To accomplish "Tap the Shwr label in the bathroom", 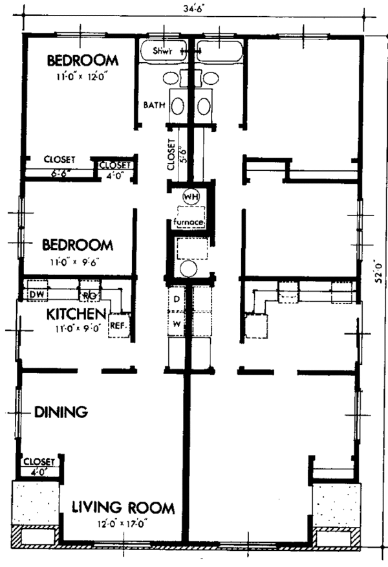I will pyautogui.click(x=155, y=50).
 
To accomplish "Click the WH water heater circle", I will pyautogui.click(x=191, y=195).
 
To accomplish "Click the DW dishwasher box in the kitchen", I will pyautogui.click(x=36, y=295).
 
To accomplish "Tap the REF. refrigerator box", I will pyautogui.click(x=118, y=326).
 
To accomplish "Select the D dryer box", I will pyautogui.click(x=176, y=299).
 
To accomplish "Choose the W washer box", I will pyautogui.click(x=176, y=321).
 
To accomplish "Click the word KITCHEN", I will pyautogui.click(x=76, y=314).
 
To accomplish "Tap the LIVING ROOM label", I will pyautogui.click(x=123, y=507).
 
